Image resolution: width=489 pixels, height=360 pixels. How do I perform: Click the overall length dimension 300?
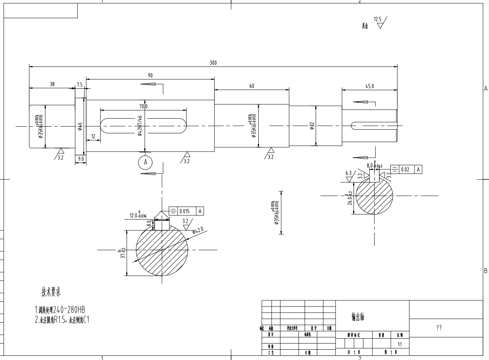click(x=213, y=63)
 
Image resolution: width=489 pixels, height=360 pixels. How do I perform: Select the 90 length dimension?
click(x=150, y=76)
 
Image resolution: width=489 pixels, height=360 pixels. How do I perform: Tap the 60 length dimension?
click(x=252, y=86)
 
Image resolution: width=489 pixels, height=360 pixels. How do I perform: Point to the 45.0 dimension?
click(x=370, y=86)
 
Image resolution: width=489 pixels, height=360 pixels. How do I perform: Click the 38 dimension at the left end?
click(x=52, y=85)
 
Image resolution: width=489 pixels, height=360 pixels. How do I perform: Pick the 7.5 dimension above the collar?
click(x=80, y=85)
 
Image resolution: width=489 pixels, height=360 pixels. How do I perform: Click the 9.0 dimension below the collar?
click(x=81, y=158)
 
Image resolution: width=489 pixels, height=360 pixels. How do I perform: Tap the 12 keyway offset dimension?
click(x=93, y=136)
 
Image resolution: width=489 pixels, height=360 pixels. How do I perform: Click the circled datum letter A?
click(x=145, y=162)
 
